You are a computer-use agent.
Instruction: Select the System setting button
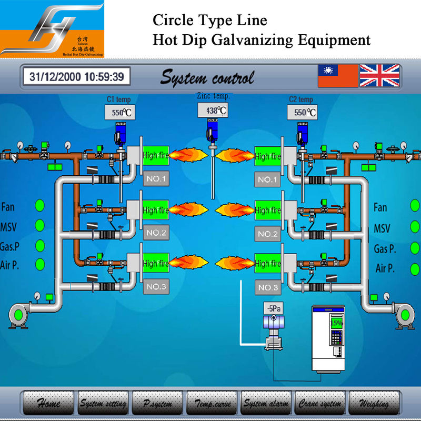pos(103,404)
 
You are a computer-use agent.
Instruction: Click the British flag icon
pos(379,76)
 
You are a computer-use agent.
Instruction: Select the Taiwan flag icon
pos(337,76)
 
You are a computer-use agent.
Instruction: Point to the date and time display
pos(76,77)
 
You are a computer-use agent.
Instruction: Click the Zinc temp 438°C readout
pos(213,111)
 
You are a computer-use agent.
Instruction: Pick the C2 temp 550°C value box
pos(302,112)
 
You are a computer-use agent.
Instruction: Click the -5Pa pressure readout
pos(273,308)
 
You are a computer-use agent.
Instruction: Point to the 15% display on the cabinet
pos(336,322)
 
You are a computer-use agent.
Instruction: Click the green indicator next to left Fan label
pos(39,206)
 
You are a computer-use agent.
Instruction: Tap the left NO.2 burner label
pos(156,233)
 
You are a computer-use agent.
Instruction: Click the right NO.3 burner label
pos(268,287)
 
